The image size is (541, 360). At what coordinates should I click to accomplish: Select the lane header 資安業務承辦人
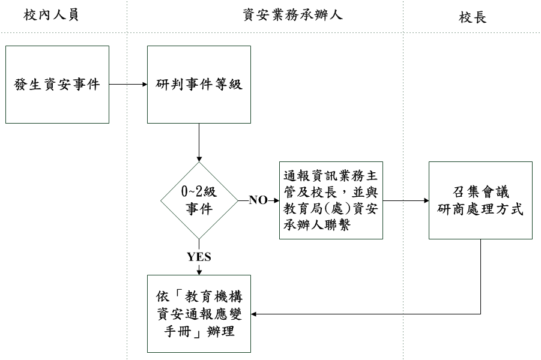pos(292,16)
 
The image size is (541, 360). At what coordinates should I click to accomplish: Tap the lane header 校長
pos(473,17)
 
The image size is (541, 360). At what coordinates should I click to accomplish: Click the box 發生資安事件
pos(57,85)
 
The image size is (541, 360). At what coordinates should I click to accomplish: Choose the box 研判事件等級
pos(199,85)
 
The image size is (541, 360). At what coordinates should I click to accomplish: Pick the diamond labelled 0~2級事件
pos(199,200)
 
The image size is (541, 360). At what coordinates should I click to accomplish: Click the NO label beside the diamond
pos(258,200)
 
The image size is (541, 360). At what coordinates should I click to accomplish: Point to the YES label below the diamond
pos(199,257)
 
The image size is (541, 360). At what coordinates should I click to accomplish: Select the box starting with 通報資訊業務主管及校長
pos(331,200)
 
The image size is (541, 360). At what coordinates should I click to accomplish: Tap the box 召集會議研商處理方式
pos(480,200)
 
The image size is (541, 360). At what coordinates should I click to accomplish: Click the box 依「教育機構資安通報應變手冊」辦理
pos(199,313)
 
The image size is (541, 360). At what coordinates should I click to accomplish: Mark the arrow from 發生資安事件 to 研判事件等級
pos(128,85)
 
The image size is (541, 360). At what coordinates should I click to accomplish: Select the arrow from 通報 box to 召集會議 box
pos(405,200)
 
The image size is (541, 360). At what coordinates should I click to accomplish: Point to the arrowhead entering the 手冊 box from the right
pos(254,314)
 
